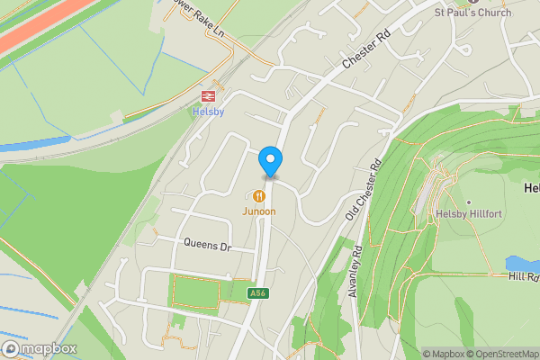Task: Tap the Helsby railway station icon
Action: pyautogui.click(x=207, y=94)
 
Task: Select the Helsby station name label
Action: pyautogui.click(x=207, y=112)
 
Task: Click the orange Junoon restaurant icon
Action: pyautogui.click(x=259, y=195)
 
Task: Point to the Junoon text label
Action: pyautogui.click(x=258, y=211)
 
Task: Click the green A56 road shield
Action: pyautogui.click(x=258, y=293)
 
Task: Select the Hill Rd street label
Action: pyautogui.click(x=522, y=277)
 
